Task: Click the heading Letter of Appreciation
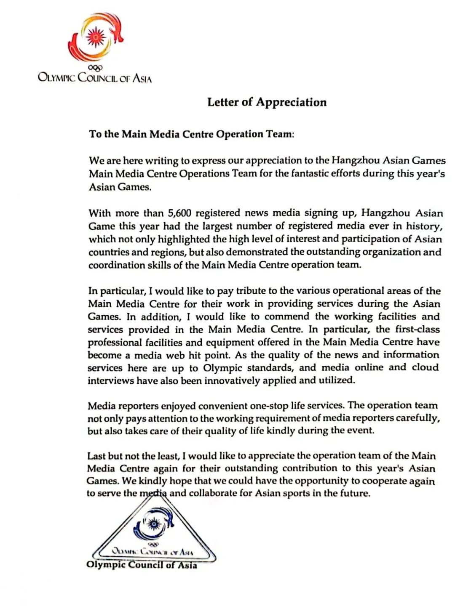tap(267, 102)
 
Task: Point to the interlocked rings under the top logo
tap(95, 67)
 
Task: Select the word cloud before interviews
tap(425, 367)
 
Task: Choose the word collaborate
tap(213, 493)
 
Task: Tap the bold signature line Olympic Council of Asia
tap(142, 565)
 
